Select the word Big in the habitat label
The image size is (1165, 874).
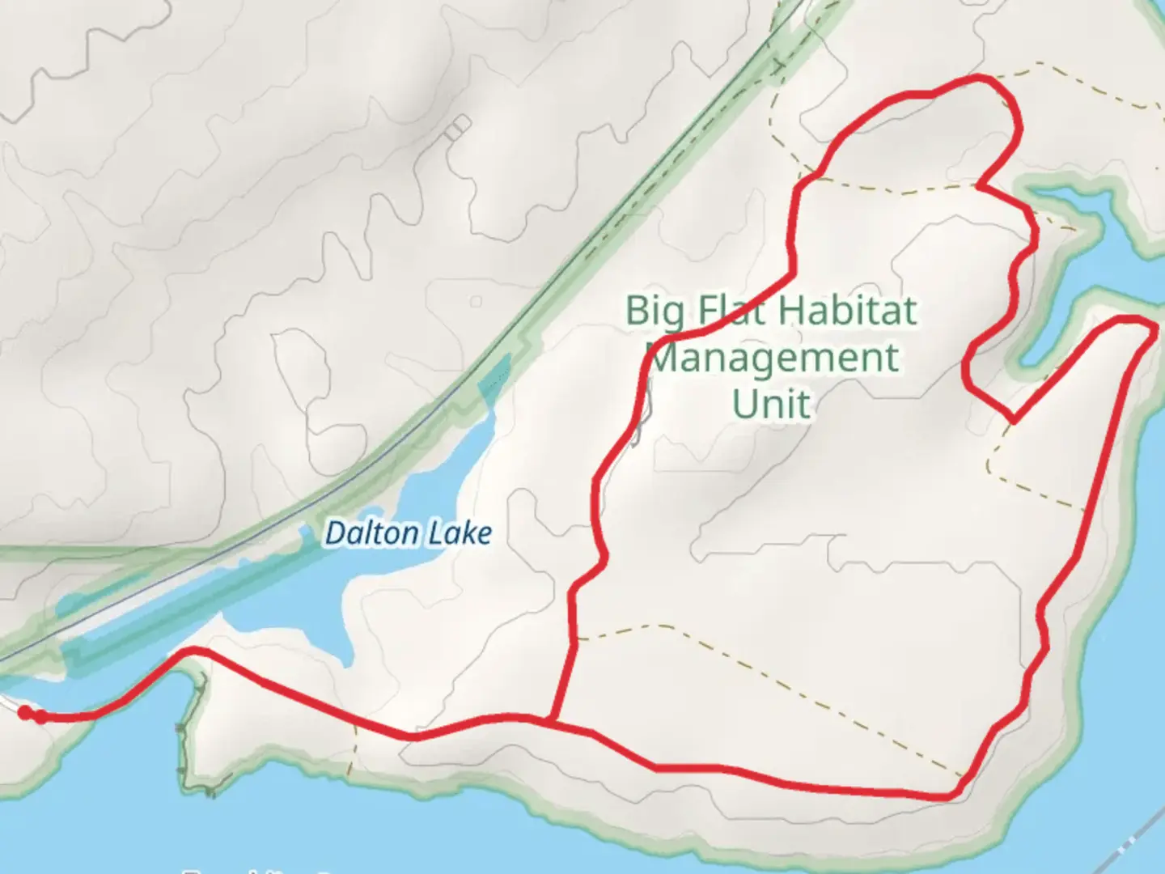pos(654,312)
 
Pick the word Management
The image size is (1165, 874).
pos(774,358)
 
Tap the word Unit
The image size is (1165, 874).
pos(771,404)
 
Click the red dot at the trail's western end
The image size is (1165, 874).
pos(25,712)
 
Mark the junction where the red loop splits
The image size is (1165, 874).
pos(551,719)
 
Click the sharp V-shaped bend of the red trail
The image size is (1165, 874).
pos(1012,420)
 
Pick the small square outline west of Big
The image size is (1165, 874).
pos(476,302)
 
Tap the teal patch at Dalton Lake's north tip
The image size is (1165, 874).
pos(496,376)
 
